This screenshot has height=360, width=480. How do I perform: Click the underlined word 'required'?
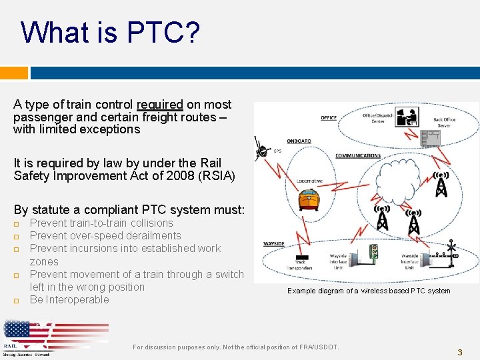coord(159,105)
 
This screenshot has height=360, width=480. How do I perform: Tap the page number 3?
coord(459,352)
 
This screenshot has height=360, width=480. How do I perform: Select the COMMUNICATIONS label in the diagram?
coord(357,156)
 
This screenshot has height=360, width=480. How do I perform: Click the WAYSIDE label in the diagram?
coord(274,244)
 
